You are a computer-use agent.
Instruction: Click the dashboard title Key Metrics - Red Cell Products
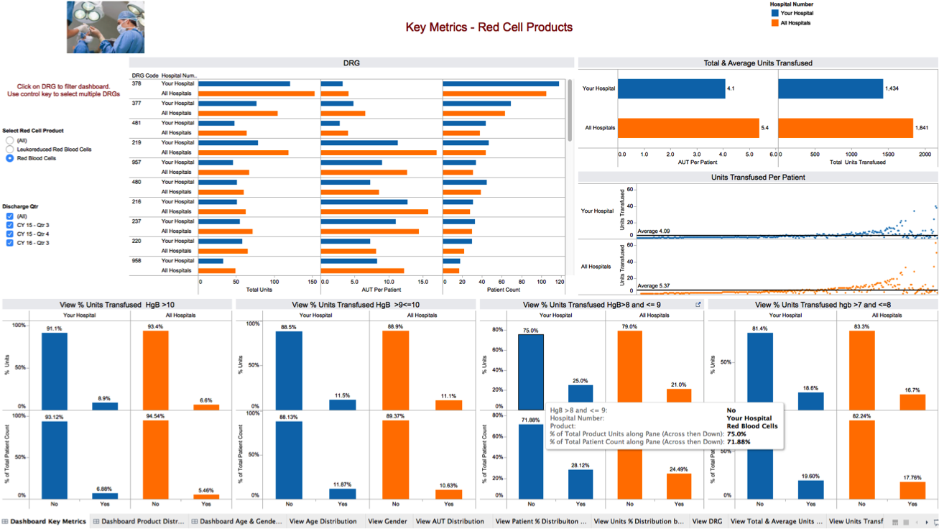tap(489, 27)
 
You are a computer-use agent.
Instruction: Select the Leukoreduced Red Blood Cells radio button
tap(10, 149)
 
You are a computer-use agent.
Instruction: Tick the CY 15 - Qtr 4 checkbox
tap(10, 234)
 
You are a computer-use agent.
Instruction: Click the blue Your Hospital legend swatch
tap(774, 14)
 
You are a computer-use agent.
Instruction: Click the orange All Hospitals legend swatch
tap(774, 23)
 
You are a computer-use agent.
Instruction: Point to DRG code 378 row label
tap(137, 84)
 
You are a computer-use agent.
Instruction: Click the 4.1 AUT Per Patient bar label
tap(731, 88)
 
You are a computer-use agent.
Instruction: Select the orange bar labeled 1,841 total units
tap(845, 128)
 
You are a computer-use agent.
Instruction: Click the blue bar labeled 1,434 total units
tap(830, 88)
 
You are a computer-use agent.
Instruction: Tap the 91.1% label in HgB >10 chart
tap(54, 328)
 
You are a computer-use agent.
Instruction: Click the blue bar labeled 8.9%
tap(105, 406)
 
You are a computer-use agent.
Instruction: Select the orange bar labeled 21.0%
tap(678, 396)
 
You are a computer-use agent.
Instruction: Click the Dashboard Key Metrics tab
tap(47, 522)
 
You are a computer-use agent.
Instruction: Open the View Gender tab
tap(387, 522)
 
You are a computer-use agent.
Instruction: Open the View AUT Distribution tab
tap(450, 522)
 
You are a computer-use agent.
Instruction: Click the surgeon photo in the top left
tap(106, 27)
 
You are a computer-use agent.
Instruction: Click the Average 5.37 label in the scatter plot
tap(654, 286)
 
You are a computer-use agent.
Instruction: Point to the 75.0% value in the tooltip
tap(736, 434)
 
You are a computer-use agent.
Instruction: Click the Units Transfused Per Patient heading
tap(757, 177)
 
